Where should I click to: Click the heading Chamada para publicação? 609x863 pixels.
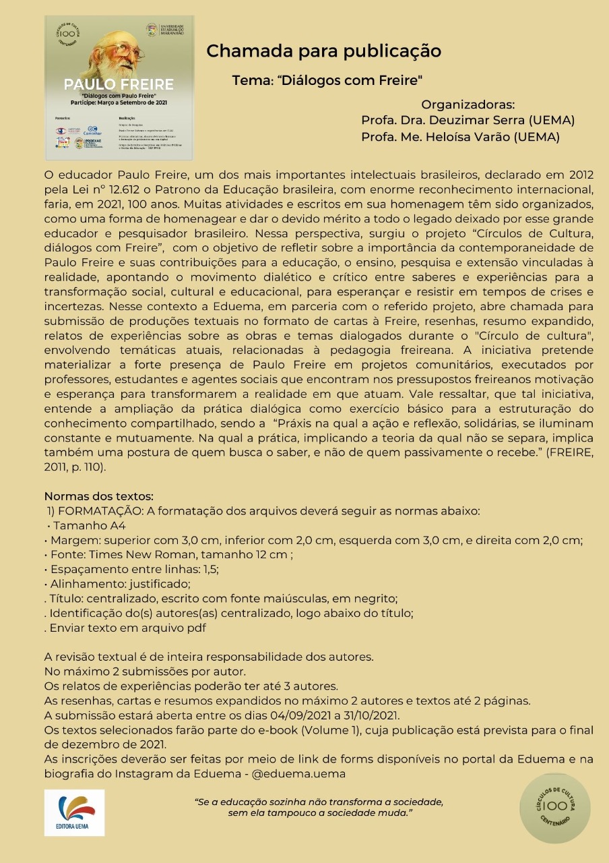323,51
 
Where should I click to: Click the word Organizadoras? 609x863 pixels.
468,105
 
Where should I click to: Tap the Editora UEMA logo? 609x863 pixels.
75,812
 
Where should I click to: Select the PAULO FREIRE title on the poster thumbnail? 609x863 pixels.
119,84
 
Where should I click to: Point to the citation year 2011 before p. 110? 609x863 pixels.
55,467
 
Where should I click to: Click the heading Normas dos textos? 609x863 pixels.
99,498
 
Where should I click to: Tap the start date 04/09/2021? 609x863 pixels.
324,715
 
